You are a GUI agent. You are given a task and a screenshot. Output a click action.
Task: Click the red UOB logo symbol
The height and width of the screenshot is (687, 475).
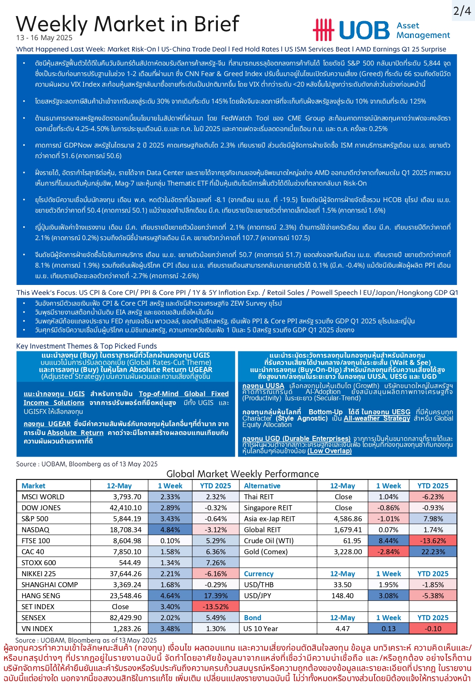pyautogui.click(x=323, y=30)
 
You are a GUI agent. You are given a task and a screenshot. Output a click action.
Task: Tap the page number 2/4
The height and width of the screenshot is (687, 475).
pyautogui.click(x=462, y=11)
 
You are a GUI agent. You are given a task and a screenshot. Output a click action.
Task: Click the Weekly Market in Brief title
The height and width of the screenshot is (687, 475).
pyautogui.click(x=128, y=24)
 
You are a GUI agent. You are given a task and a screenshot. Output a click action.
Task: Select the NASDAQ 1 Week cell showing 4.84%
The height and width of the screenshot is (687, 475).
pyautogui.click(x=170, y=530)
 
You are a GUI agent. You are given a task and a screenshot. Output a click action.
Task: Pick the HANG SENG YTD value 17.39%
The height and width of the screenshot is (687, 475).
pyautogui.click(x=215, y=596)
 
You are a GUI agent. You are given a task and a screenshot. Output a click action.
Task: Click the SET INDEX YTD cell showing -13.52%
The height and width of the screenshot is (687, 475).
pyautogui.click(x=215, y=607)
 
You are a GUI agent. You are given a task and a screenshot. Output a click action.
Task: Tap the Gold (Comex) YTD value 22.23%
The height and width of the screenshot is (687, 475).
pyautogui.click(x=433, y=552)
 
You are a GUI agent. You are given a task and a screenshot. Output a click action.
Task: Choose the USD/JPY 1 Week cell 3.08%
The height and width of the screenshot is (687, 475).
pyautogui.click(x=388, y=596)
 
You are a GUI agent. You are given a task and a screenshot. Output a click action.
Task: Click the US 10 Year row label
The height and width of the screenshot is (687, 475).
pyautogui.click(x=261, y=629)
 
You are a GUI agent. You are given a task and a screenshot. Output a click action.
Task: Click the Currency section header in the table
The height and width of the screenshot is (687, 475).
pyautogui.click(x=258, y=574)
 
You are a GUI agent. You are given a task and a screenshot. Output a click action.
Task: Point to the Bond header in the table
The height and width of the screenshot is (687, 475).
pyautogui.click(x=252, y=618)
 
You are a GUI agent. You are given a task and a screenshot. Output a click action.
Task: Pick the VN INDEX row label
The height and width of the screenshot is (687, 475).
pyautogui.click(x=37, y=629)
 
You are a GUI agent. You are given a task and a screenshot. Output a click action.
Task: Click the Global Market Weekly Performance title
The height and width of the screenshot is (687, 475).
pyautogui.click(x=242, y=474)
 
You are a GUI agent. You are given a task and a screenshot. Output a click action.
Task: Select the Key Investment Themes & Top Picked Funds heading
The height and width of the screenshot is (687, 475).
pyautogui.click(x=87, y=346)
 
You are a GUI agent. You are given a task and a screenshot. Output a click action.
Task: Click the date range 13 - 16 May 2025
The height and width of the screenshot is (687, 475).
pyautogui.click(x=44, y=38)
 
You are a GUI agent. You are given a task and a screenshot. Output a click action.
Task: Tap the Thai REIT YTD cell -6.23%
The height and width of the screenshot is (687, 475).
pyautogui.click(x=433, y=497)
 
